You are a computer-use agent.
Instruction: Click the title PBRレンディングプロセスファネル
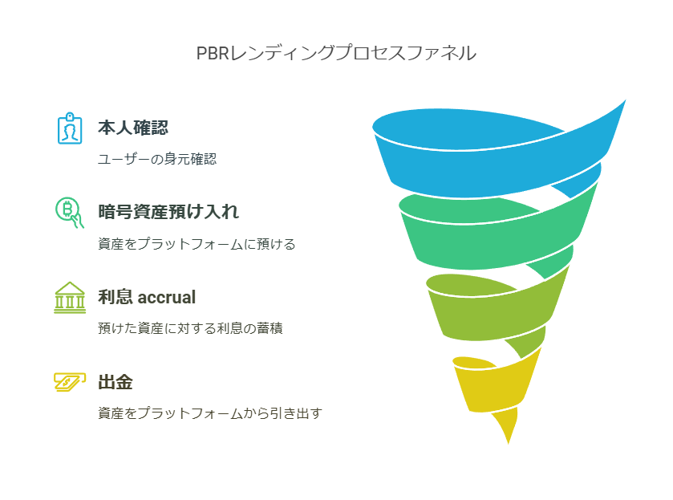coord(336,54)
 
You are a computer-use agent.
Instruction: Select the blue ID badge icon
coord(70,128)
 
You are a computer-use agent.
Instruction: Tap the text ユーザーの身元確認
coord(157,159)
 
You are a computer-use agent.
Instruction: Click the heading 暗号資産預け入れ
coord(168,212)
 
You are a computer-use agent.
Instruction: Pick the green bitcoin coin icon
coord(69,213)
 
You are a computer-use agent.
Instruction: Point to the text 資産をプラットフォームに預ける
coord(197,244)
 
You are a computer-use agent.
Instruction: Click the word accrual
coord(167,297)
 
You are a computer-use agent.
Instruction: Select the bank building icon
coord(70,298)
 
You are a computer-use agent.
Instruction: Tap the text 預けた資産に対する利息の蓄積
coord(190,328)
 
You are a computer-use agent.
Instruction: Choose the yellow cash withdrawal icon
coord(70,382)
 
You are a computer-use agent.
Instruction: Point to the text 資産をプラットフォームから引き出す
coord(209,413)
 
